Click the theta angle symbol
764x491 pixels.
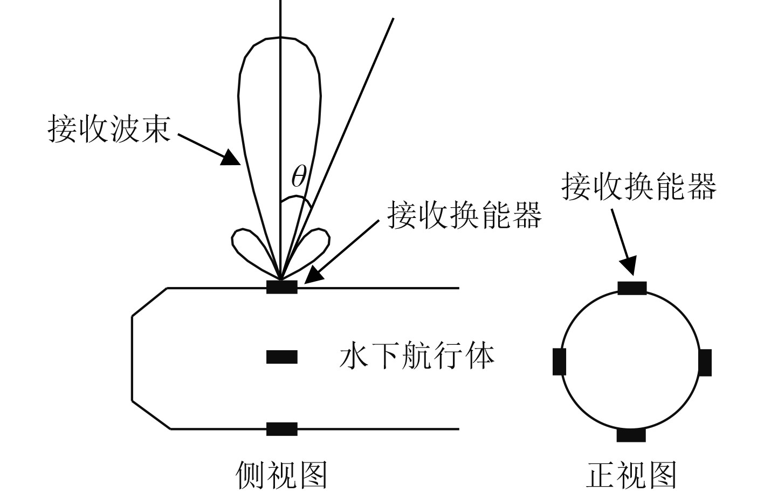click(299, 176)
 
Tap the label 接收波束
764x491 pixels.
click(110, 128)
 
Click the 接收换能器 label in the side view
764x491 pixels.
click(464, 215)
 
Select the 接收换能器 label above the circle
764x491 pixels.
click(639, 186)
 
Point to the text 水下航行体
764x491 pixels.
click(417, 357)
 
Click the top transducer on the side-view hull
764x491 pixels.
click(281, 287)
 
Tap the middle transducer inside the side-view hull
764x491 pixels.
click(281, 357)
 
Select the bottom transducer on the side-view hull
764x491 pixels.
click(281, 429)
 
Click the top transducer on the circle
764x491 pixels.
click(632, 288)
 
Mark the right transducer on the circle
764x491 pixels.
click(705, 362)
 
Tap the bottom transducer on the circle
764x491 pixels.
click(631, 435)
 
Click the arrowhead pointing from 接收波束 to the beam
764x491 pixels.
click(232, 157)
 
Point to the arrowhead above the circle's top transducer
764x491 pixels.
click(628, 266)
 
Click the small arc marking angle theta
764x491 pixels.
click(295, 199)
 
